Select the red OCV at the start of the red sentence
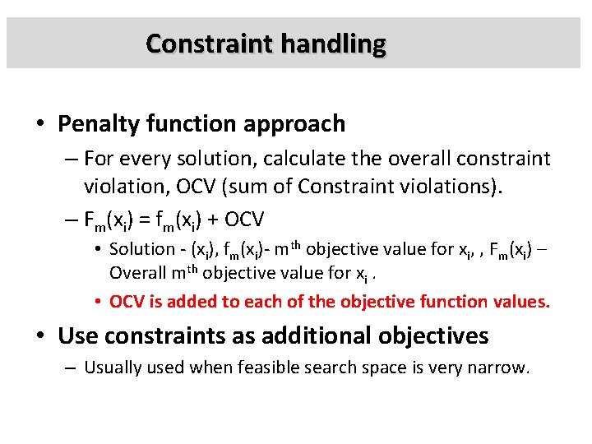pyautogui.click(x=125, y=301)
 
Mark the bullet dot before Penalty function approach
pyautogui.click(x=40, y=125)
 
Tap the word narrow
pyautogui.click(x=501, y=368)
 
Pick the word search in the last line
pyautogui.click(x=308, y=368)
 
